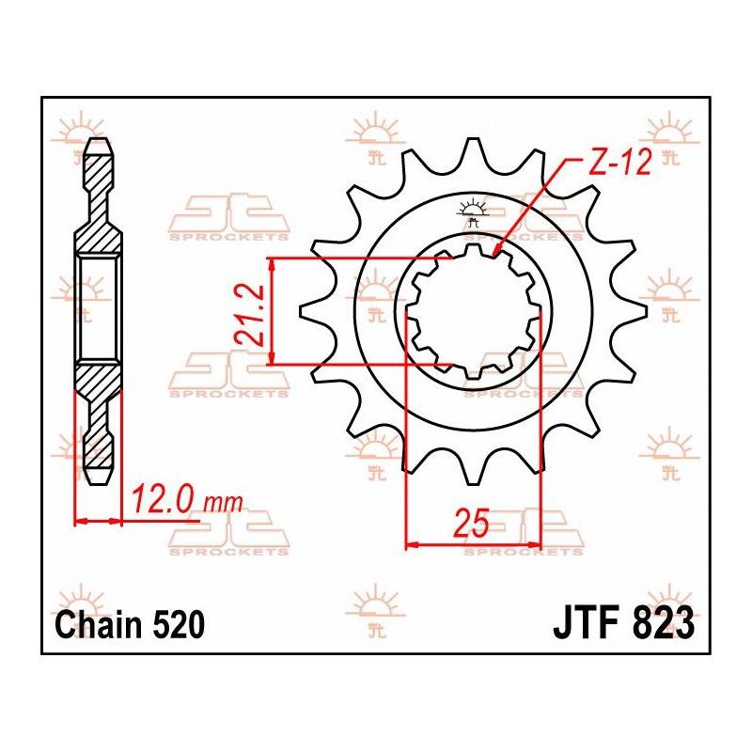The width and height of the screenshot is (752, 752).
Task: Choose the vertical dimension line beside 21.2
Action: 273,310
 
